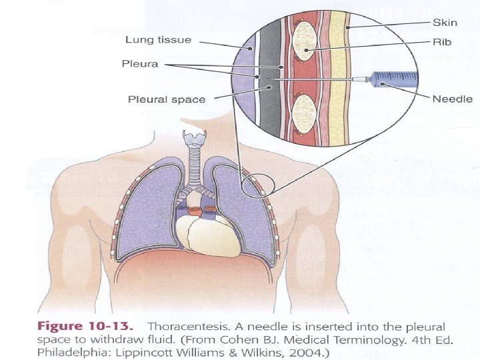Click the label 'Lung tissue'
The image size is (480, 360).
click(x=159, y=40)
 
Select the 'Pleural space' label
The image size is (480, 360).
click(x=167, y=99)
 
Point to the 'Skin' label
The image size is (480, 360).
click(x=445, y=22)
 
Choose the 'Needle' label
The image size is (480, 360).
click(x=452, y=99)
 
